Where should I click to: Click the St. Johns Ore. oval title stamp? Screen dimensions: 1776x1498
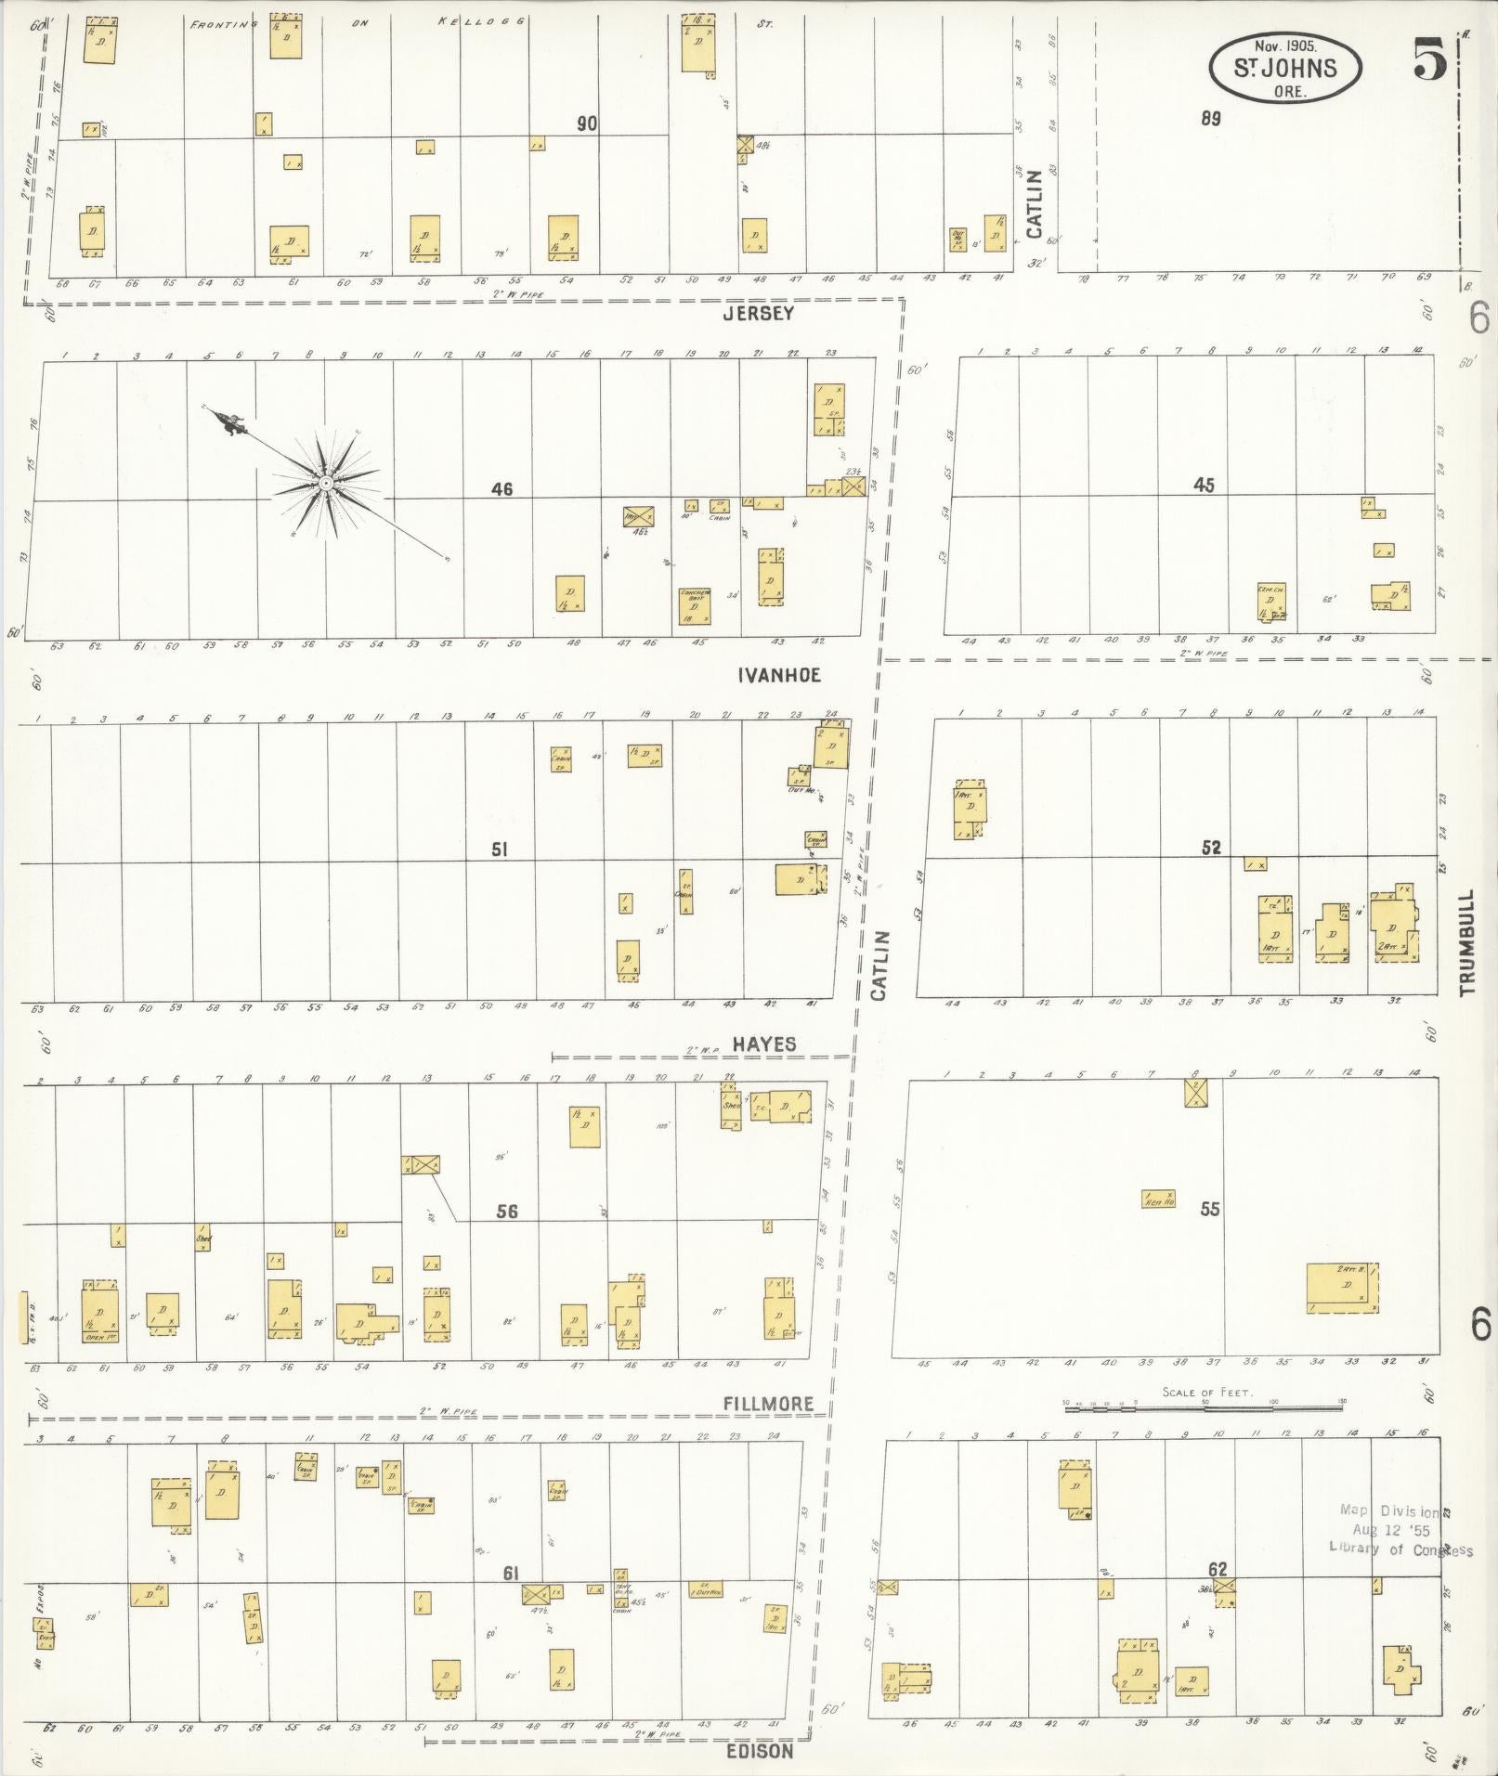click(x=1284, y=67)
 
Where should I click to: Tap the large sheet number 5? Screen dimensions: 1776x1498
click(x=1430, y=62)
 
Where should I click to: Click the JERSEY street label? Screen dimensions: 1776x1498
click(x=759, y=314)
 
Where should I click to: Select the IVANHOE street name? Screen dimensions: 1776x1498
click(x=779, y=675)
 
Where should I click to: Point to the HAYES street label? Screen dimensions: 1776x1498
click(x=764, y=1044)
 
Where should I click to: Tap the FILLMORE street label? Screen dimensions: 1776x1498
click(x=768, y=1404)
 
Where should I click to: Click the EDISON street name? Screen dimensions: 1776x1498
click(x=761, y=1751)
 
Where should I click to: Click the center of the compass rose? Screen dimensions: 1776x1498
click(x=326, y=484)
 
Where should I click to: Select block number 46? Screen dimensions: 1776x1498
click(x=502, y=488)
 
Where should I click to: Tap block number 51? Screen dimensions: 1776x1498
click(x=500, y=849)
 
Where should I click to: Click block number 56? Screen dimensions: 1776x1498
click(x=507, y=1211)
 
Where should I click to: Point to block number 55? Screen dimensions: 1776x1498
click(x=1209, y=1209)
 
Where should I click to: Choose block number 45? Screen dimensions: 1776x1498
click(x=1204, y=485)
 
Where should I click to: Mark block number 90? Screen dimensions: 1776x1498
click(x=586, y=123)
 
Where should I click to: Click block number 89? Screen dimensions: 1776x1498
click(x=1209, y=118)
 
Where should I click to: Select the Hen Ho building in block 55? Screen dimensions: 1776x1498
click(x=1158, y=1199)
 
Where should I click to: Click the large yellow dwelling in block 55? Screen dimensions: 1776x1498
click(x=1342, y=1288)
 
